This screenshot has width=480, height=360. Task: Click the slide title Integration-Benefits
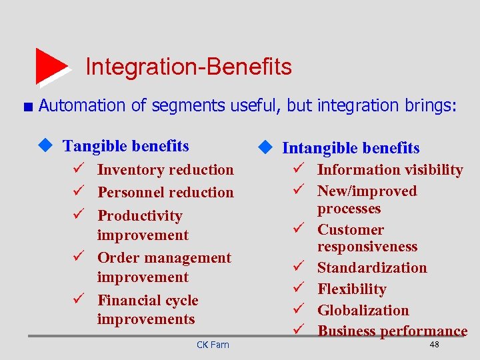(x=188, y=67)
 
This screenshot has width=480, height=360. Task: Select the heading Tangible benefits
(x=125, y=146)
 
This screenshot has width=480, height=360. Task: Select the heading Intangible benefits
(x=351, y=148)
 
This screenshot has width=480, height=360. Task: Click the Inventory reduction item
(x=165, y=170)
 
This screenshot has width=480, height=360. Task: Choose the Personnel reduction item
(x=165, y=193)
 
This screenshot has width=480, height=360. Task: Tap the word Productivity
(x=139, y=215)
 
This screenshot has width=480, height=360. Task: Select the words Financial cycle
(x=148, y=301)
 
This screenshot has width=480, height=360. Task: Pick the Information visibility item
(x=389, y=170)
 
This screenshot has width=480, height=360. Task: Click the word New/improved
(x=367, y=191)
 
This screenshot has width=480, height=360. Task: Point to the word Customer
(x=350, y=230)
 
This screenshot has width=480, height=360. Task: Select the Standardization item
(x=371, y=268)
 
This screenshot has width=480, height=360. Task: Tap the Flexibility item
(x=351, y=289)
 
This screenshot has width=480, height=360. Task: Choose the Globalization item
(x=363, y=311)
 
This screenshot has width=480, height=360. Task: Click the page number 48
(x=434, y=344)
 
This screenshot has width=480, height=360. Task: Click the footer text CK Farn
(x=213, y=345)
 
